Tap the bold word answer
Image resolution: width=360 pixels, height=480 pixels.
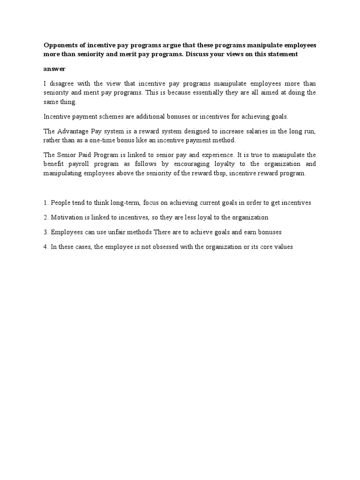(54, 68)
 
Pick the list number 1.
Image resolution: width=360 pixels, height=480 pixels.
(45, 202)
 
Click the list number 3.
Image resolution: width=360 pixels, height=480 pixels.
(45, 232)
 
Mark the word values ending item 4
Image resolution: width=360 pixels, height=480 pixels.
(283, 247)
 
